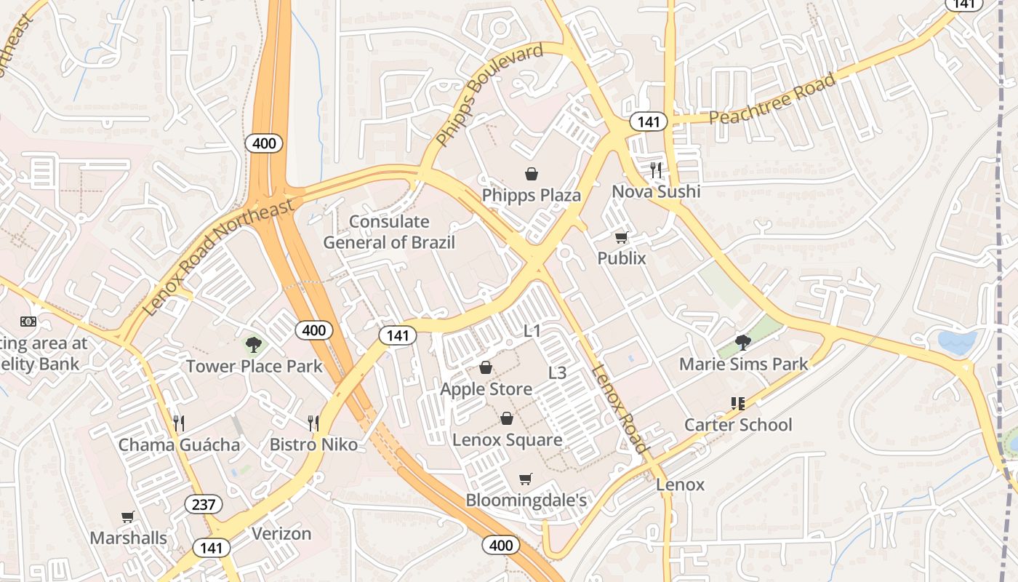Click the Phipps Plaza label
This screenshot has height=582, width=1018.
[x=532, y=195]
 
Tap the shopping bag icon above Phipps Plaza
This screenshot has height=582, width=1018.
[x=532, y=174]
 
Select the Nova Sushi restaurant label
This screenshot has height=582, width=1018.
[x=656, y=191]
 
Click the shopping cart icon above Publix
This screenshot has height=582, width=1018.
[x=622, y=237]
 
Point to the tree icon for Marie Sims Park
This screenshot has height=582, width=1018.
[x=742, y=342]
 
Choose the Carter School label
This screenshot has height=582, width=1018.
[x=738, y=424]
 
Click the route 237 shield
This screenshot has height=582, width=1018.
[x=204, y=503]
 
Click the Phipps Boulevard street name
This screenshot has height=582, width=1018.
[x=489, y=95]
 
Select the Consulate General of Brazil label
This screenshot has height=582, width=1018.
[x=389, y=232]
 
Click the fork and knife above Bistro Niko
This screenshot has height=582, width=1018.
[x=313, y=423]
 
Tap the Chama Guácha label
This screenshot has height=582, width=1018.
[x=179, y=445]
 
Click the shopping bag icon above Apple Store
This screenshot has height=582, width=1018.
[x=486, y=368]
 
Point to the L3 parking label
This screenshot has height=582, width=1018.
[x=557, y=373]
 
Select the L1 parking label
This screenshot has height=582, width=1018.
[x=533, y=331]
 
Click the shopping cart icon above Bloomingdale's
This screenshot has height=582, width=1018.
[x=526, y=479]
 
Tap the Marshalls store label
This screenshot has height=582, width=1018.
[x=128, y=538]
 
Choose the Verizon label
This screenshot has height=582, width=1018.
[x=281, y=533]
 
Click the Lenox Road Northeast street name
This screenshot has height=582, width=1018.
[x=218, y=255]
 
